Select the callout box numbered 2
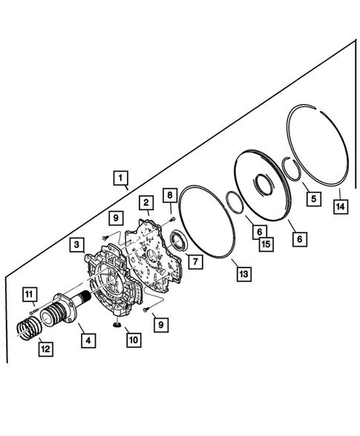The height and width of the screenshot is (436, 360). (x=147, y=202)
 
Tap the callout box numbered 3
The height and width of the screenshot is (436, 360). (x=77, y=244)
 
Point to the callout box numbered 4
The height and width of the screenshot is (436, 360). (x=88, y=341)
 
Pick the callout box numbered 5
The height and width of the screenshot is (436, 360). (x=312, y=198)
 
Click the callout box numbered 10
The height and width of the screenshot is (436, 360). (x=132, y=340)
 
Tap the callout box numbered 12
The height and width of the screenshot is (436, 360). (x=46, y=346)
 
